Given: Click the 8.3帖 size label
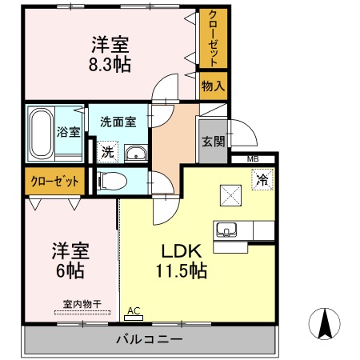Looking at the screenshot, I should (110, 63).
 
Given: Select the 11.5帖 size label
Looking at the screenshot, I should (182, 270).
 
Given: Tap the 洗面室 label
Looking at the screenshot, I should (117, 122).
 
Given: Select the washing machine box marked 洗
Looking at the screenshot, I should (106, 150).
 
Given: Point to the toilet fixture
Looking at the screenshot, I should (112, 181).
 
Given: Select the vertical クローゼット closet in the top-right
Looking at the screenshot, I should (212, 38).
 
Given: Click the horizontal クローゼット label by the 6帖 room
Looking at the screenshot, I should (55, 181).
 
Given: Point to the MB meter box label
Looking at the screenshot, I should (252, 160).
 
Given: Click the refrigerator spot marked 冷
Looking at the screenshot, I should (261, 181).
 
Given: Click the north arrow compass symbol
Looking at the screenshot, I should (326, 323).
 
